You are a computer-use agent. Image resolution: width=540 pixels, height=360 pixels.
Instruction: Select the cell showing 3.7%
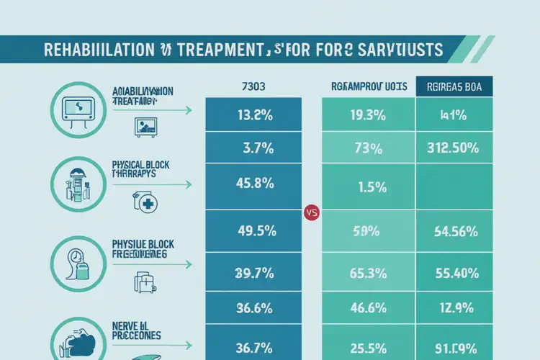pyautogui.click(x=255, y=150)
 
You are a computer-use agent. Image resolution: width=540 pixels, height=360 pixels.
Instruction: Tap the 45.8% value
pyautogui.click(x=255, y=183)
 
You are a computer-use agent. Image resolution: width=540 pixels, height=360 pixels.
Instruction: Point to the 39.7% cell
pyautogui.click(x=255, y=273)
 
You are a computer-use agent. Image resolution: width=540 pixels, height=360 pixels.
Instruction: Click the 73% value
pyautogui.click(x=368, y=150)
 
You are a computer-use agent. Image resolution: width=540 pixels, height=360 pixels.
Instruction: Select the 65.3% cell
pyautogui.click(x=368, y=273)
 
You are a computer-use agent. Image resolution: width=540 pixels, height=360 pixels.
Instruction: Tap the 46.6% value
pyautogui.click(x=368, y=307)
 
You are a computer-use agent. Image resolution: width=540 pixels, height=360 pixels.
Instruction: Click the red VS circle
pyautogui.click(x=312, y=213)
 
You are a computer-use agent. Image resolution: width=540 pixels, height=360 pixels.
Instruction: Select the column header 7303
pyautogui.click(x=255, y=86)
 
